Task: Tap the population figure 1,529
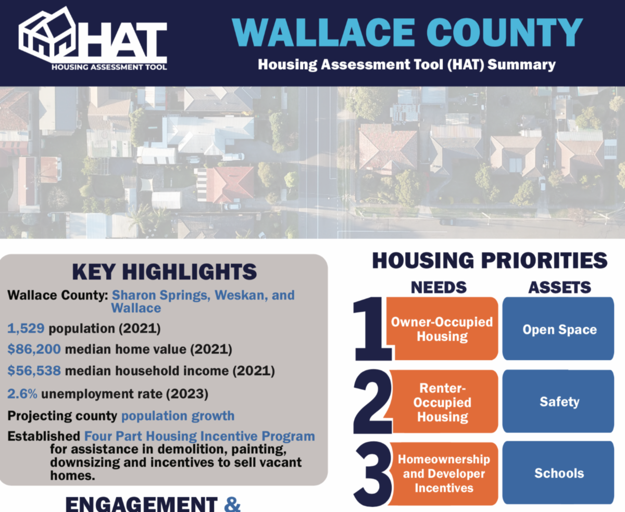[26, 328]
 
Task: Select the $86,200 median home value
[34, 349]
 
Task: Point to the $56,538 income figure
[34, 371]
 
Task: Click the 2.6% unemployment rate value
[22, 394]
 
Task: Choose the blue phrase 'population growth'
[178, 416]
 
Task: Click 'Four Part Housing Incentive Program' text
[199, 436]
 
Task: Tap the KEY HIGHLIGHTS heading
[165, 272]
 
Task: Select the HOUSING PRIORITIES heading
[490, 261]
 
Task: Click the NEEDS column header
[439, 288]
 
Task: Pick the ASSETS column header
[559, 288]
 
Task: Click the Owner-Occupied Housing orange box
[442, 329]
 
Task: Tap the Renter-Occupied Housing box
[443, 402]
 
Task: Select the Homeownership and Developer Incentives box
[444, 473]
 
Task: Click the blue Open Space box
[558, 329]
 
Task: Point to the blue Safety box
[558, 401]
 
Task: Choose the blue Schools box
[558, 473]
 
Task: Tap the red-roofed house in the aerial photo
[230, 184]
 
